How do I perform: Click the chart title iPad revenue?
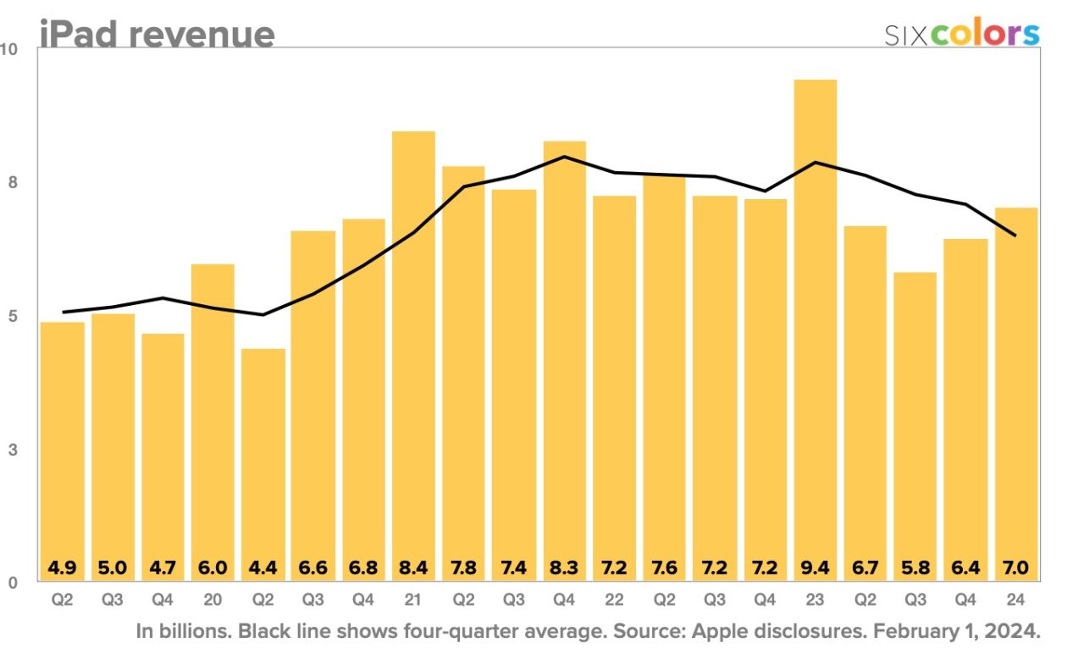[157, 34]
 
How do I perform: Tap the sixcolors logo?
[962, 34]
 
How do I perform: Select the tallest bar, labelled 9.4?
[815, 322]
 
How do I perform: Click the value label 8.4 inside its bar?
[413, 567]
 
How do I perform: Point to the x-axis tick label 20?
[213, 600]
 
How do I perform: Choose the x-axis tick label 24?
[1016, 600]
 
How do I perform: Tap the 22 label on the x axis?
[614, 600]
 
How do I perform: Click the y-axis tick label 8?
[13, 183]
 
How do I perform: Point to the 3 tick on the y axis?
[13, 450]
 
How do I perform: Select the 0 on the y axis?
[13, 583]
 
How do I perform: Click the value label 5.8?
[915, 567]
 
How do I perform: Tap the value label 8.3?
[564, 567]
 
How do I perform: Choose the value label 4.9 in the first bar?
[62, 567]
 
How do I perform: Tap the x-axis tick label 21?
[413, 600]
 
